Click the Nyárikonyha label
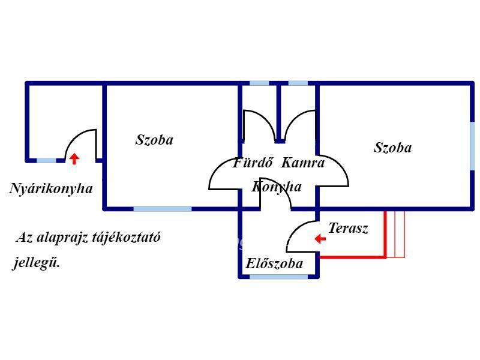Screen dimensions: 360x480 click(x=51, y=188)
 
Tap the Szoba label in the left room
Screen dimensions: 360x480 click(x=154, y=140)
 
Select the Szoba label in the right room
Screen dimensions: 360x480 click(x=392, y=147)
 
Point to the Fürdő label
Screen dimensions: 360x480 click(x=253, y=162)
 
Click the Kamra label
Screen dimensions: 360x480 click(x=302, y=162)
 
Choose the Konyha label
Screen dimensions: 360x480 click(x=277, y=187)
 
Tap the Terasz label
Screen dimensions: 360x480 click(x=348, y=228)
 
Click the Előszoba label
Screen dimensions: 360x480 click(x=274, y=263)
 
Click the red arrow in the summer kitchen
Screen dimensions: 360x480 click(x=74, y=158)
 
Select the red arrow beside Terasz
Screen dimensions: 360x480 click(x=320, y=239)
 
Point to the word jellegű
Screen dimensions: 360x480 click(x=36, y=263)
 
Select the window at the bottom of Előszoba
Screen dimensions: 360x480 click(x=278, y=277)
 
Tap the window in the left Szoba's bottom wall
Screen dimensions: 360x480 click(x=162, y=209)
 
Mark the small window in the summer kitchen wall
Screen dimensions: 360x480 click(x=46, y=161)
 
